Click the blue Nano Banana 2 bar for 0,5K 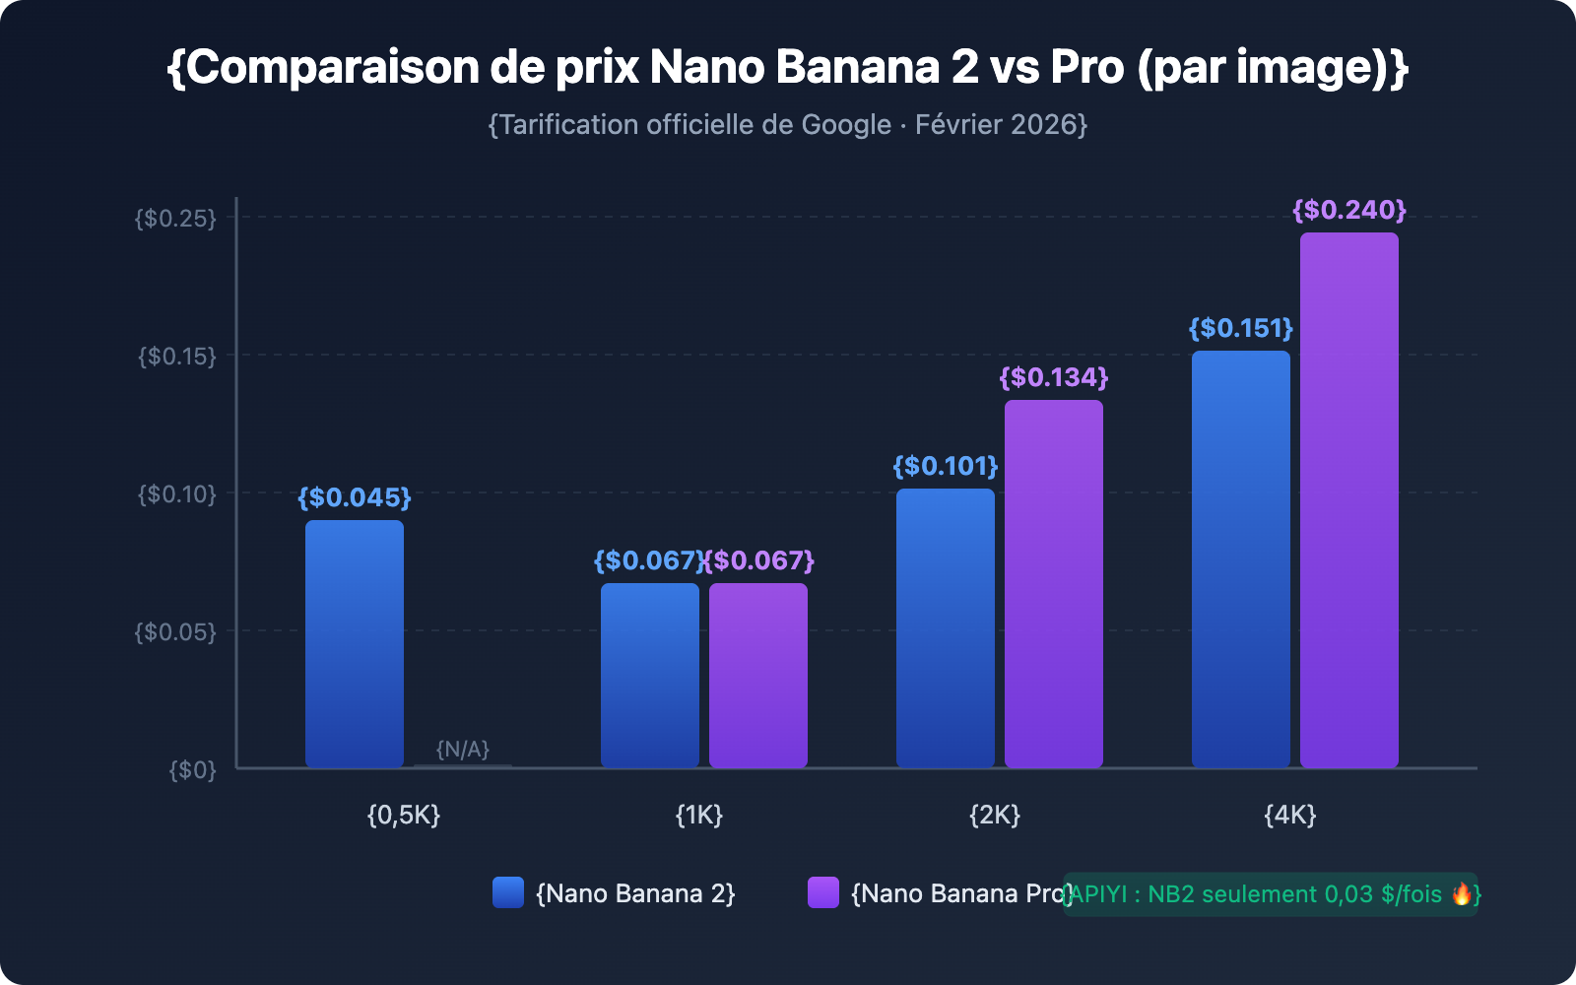click(355, 644)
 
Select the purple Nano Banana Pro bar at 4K click(1348, 500)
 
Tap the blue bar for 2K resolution click(946, 628)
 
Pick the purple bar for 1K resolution click(758, 676)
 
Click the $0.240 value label click(1348, 210)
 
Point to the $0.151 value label click(1240, 328)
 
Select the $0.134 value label click(1053, 377)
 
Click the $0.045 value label click(355, 497)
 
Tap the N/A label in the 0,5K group click(463, 750)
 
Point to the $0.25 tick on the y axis click(175, 218)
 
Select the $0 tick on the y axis click(192, 769)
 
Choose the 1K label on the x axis click(699, 815)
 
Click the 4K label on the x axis click(1289, 815)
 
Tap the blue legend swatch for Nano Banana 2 click(508, 892)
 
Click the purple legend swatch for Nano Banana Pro click(823, 892)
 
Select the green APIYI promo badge click(1270, 894)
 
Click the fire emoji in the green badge click(1462, 893)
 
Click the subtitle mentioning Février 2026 click(788, 125)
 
